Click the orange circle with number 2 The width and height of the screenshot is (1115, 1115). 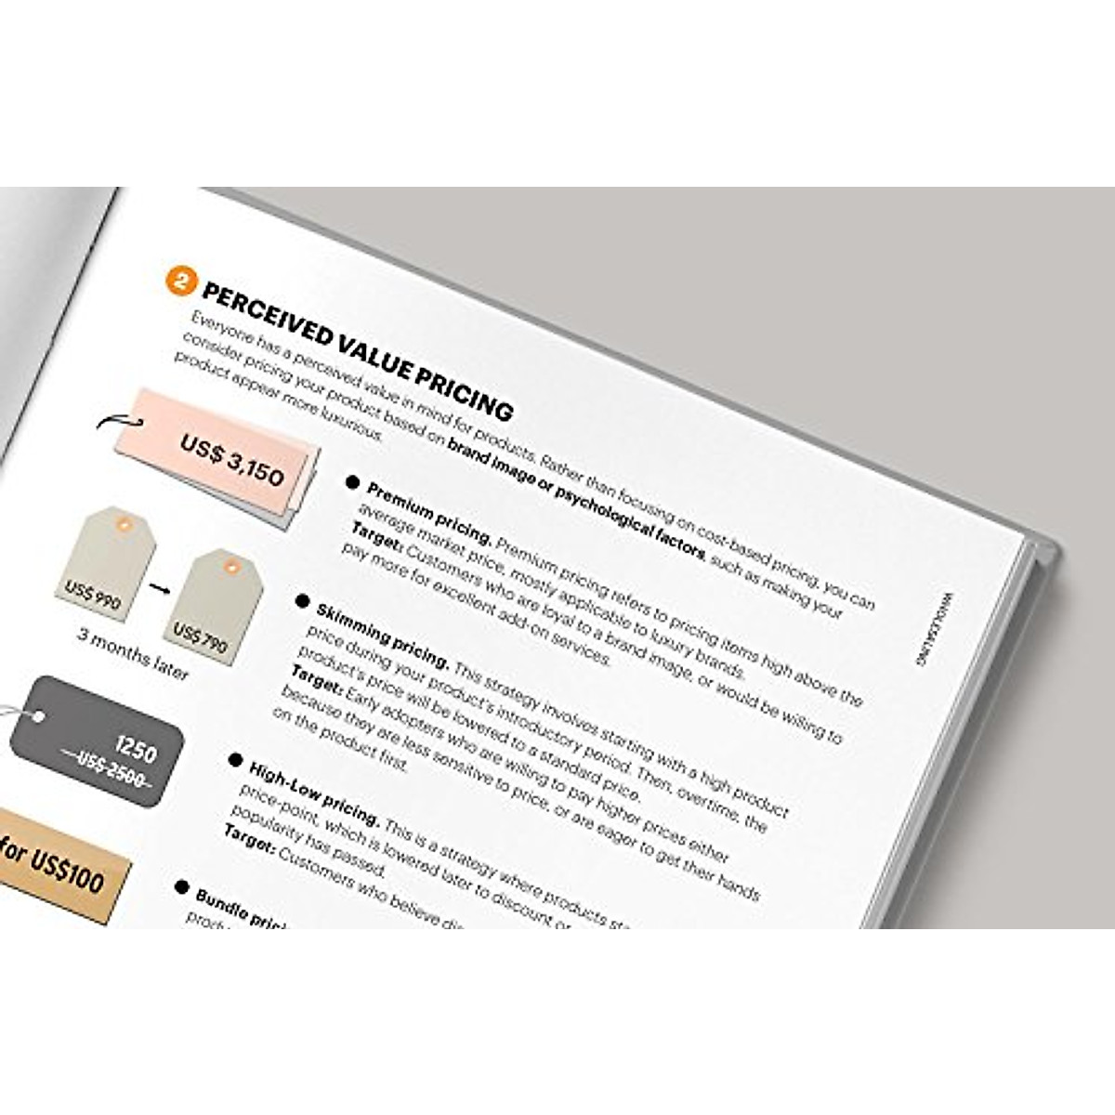180,280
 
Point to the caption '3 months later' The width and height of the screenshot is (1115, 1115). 133,654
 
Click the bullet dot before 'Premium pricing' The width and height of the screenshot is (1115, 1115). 352,482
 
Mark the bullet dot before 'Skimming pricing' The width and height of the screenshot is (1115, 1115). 302,602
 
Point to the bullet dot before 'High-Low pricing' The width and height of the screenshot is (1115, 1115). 235,761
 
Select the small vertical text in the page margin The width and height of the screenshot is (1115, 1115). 932,630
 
